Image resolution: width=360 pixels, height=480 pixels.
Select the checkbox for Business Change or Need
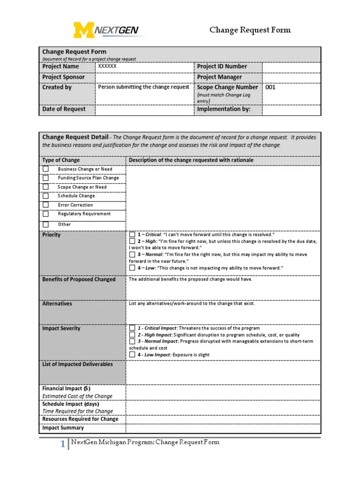click(x=45, y=169)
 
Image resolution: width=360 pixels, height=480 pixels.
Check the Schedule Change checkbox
click(x=45, y=196)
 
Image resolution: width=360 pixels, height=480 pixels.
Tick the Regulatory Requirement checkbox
click(x=45, y=214)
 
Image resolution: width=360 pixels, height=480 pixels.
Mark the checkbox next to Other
click(x=45, y=225)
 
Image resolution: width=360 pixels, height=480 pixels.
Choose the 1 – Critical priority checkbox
click(x=133, y=234)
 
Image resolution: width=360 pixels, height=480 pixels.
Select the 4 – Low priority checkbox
click(x=133, y=268)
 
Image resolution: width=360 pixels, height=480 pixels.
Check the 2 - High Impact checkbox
click(x=133, y=335)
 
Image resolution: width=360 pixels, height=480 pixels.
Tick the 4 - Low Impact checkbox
click(x=133, y=355)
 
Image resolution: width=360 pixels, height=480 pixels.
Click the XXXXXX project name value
click(x=107, y=67)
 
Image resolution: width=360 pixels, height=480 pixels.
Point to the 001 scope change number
click(x=271, y=87)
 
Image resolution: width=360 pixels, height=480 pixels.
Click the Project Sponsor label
click(x=64, y=77)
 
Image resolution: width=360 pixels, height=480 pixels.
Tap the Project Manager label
click(x=219, y=77)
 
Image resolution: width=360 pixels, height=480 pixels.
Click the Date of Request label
click(x=64, y=109)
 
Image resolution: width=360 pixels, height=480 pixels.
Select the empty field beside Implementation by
click(x=291, y=110)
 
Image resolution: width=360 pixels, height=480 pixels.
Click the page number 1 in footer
click(x=62, y=445)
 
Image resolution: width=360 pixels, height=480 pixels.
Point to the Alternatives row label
click(x=57, y=304)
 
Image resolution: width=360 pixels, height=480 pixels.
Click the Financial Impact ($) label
click(x=67, y=389)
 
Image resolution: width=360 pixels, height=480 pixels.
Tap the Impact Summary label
click(x=63, y=427)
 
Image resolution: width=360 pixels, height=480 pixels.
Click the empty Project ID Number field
click(x=291, y=67)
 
